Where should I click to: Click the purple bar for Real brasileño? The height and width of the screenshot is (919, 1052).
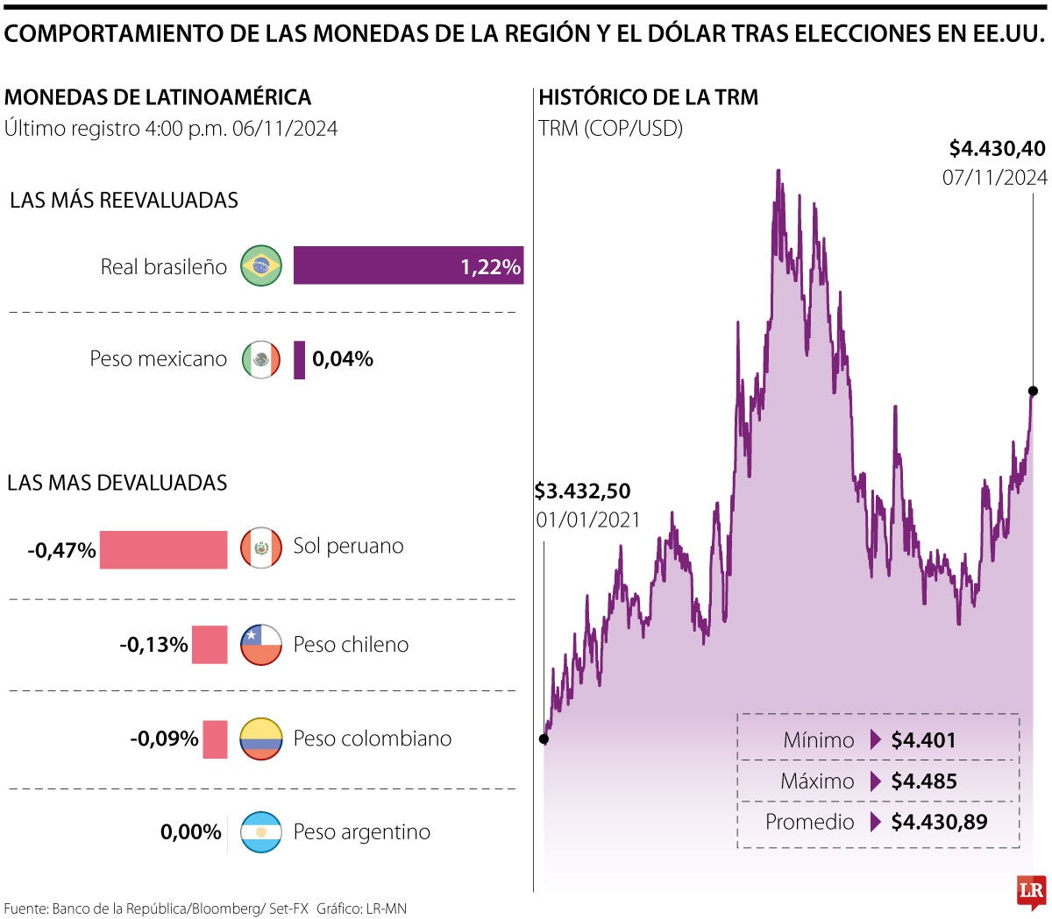click(x=408, y=265)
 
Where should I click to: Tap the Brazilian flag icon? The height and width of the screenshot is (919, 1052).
click(x=261, y=265)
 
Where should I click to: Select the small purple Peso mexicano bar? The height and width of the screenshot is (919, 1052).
click(x=299, y=359)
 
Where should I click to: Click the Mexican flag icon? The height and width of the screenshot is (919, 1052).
click(x=261, y=359)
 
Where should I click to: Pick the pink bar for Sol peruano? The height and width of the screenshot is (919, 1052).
click(x=163, y=549)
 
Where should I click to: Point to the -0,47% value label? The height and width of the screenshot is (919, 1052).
click(x=61, y=550)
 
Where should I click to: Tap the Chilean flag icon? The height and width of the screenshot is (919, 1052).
click(x=261, y=645)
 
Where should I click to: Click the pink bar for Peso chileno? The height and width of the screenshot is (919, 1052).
click(x=210, y=645)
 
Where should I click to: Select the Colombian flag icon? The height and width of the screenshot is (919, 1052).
click(x=261, y=739)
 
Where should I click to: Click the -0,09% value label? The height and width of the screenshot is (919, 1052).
click(x=165, y=739)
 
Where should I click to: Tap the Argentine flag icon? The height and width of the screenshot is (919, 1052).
click(x=261, y=832)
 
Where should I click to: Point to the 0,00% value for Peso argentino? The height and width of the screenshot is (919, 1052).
click(x=190, y=832)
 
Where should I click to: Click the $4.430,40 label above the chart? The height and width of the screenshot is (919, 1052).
click(x=997, y=149)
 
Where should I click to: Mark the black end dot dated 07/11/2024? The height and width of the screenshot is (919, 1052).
click(x=1033, y=391)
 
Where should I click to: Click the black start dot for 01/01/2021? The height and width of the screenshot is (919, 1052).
click(x=544, y=739)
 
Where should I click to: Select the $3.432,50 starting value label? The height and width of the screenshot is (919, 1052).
click(x=583, y=491)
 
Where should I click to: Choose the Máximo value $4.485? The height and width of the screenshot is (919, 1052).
click(x=923, y=781)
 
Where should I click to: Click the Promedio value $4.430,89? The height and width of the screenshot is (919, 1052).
click(x=938, y=823)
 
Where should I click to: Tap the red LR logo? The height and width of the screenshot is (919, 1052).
click(x=1031, y=892)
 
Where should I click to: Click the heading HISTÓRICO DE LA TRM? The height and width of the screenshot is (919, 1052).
click(x=648, y=97)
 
